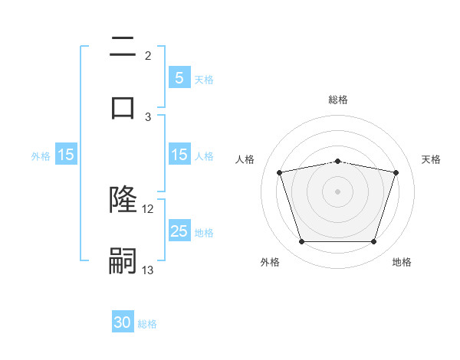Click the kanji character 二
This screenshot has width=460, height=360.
pyautogui.click(x=123, y=47)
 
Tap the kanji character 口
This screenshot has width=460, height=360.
pyautogui.click(x=123, y=106)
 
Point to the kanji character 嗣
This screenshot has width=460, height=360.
pyautogui.click(x=123, y=260)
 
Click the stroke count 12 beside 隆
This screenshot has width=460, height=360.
pyautogui.click(x=148, y=208)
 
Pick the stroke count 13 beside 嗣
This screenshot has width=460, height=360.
pyautogui.click(x=148, y=270)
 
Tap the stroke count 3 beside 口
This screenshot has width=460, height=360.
pyautogui.click(x=148, y=116)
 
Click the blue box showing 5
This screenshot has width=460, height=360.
pyautogui.click(x=179, y=77)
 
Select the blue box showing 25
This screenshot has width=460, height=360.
pyautogui.click(x=179, y=231)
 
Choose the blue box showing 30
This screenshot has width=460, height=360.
pyautogui.click(x=123, y=322)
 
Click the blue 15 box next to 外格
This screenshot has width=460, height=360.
pyautogui.click(x=66, y=155)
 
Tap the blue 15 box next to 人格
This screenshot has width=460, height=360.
pyautogui.click(x=179, y=155)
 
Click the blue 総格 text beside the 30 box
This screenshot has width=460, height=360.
pyautogui.click(x=147, y=324)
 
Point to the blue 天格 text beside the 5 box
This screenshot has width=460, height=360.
pyautogui.click(x=203, y=79)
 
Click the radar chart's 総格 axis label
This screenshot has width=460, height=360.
pyautogui.click(x=338, y=100)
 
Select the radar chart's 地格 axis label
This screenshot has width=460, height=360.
pyautogui.click(x=402, y=263)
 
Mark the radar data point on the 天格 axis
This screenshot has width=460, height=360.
pyautogui.click(x=396, y=172)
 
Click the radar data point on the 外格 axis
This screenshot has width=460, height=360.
pyautogui.click(x=301, y=242)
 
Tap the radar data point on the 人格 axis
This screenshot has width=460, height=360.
pyautogui.click(x=280, y=172)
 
